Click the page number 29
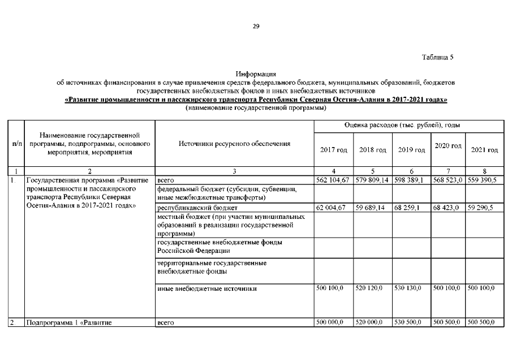tap(256, 26)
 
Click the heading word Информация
tap(256, 74)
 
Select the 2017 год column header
tap(334, 150)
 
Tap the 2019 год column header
tap(411, 150)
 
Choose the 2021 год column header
tap(484, 150)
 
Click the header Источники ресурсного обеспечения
tap(234, 144)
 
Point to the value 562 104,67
tap(334, 180)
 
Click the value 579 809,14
tap(373, 180)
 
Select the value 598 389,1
tap(411, 180)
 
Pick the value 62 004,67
tap(333, 208)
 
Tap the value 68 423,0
tap(448, 208)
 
